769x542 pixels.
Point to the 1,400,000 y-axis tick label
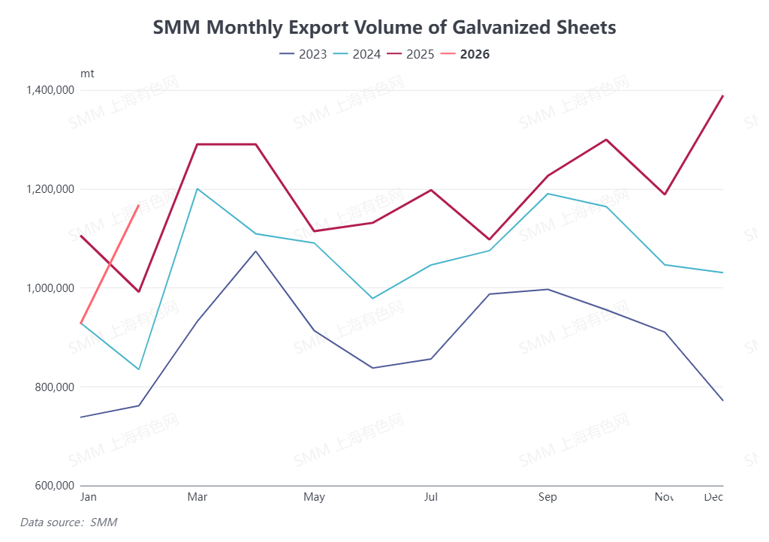click(50, 90)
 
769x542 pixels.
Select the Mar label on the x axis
click(198, 497)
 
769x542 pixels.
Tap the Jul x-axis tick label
click(431, 497)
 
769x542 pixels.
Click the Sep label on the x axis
click(547, 497)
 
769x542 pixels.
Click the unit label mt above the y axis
click(87, 74)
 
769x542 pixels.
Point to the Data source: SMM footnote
click(68, 522)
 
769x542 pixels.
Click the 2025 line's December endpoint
click(722, 95)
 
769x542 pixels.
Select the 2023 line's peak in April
click(255, 251)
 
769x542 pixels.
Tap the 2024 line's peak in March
click(197, 188)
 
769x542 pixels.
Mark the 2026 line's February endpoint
click(139, 204)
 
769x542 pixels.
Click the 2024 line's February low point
click(139, 369)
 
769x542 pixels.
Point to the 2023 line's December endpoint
click(722, 400)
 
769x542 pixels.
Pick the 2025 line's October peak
click(606, 140)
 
